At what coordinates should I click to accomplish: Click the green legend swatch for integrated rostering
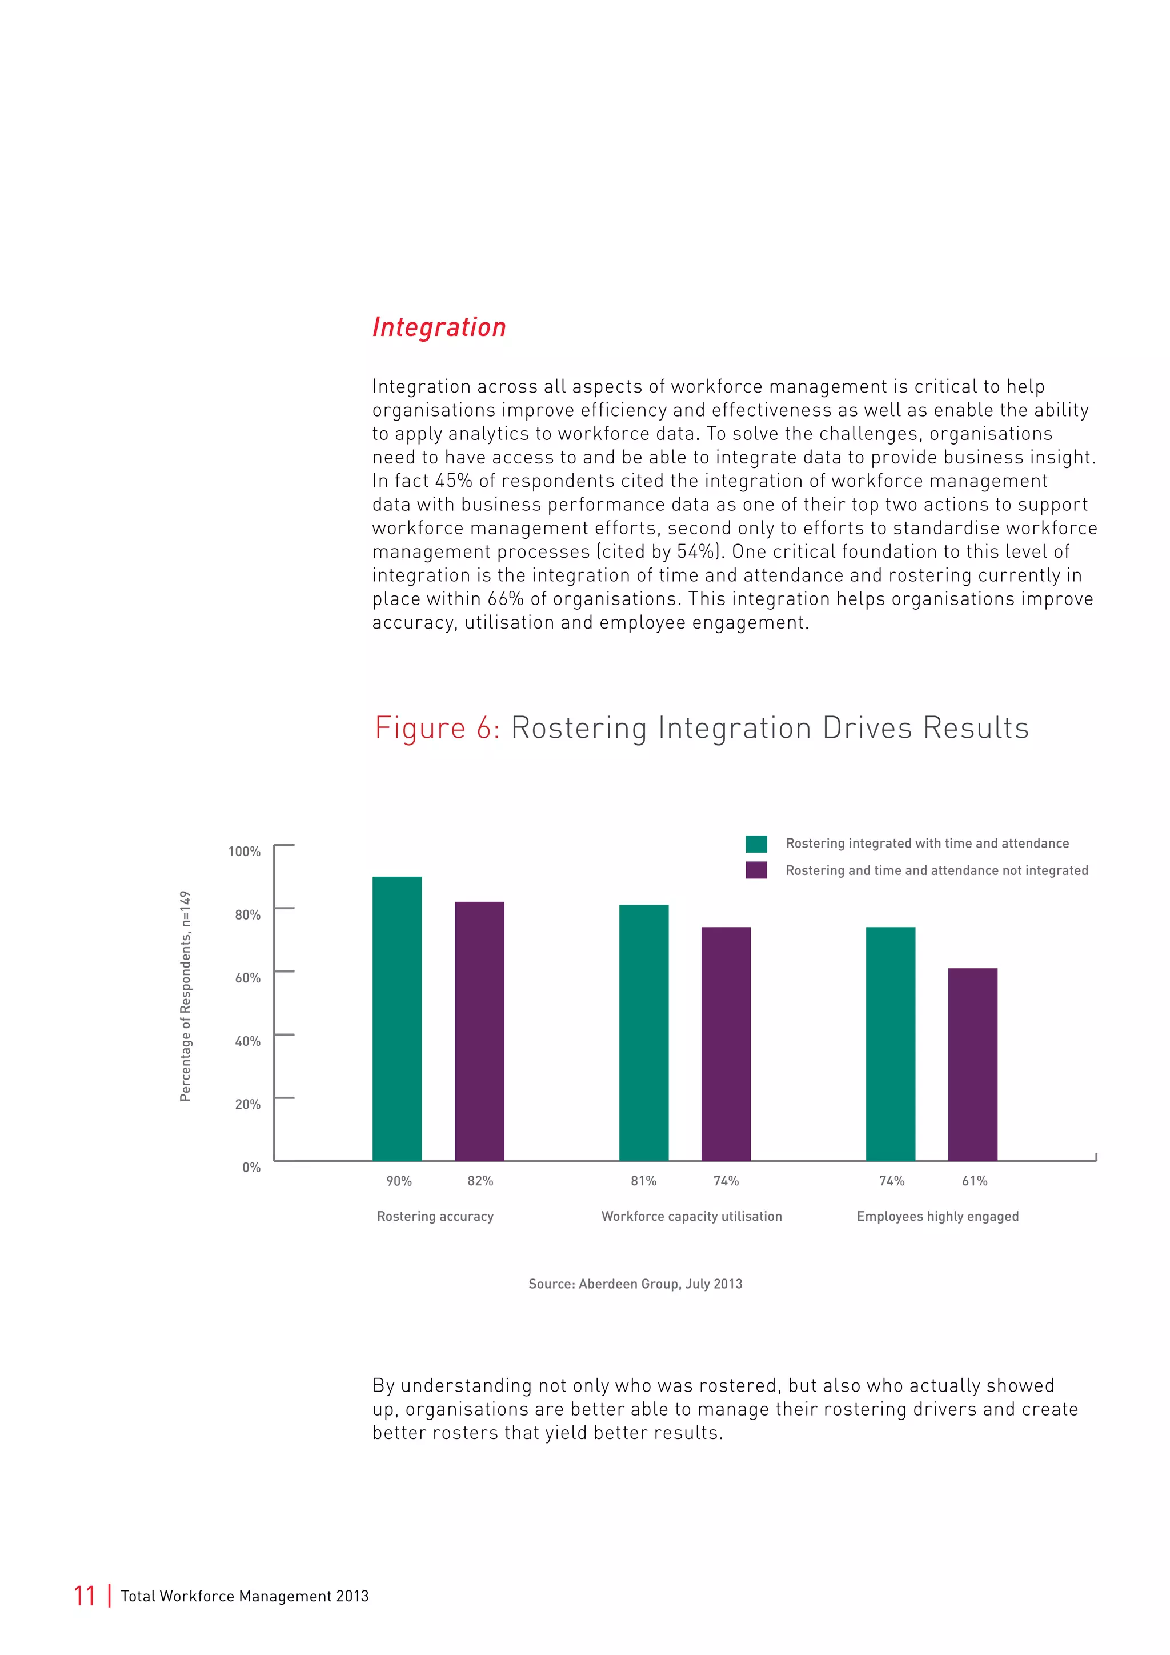[756, 844]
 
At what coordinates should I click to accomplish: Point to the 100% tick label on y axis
[245, 852]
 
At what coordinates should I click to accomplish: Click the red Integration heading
[439, 327]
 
